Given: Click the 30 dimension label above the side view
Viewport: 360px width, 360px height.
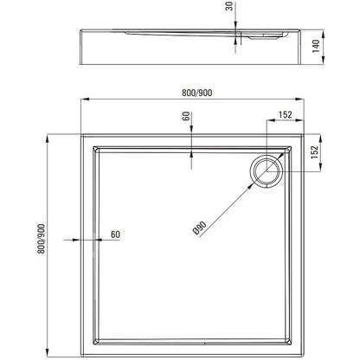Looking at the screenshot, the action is coord(229,6).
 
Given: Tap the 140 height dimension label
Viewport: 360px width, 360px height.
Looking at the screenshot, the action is coord(316,46).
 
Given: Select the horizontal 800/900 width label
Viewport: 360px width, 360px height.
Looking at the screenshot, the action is coord(196,93).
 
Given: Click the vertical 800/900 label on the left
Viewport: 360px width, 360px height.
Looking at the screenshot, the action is coord(41,239).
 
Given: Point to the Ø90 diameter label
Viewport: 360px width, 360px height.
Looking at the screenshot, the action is coord(199,228).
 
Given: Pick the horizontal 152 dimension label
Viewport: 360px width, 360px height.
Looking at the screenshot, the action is coord(286,114).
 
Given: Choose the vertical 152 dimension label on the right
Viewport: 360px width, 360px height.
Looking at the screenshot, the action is coord(314,152).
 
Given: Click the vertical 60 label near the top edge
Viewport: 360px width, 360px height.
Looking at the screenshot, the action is coord(186,116).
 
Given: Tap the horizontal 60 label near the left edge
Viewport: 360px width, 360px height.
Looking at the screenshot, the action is coord(115,235).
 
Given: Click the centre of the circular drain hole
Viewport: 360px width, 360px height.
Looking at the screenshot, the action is coord(267,171).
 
